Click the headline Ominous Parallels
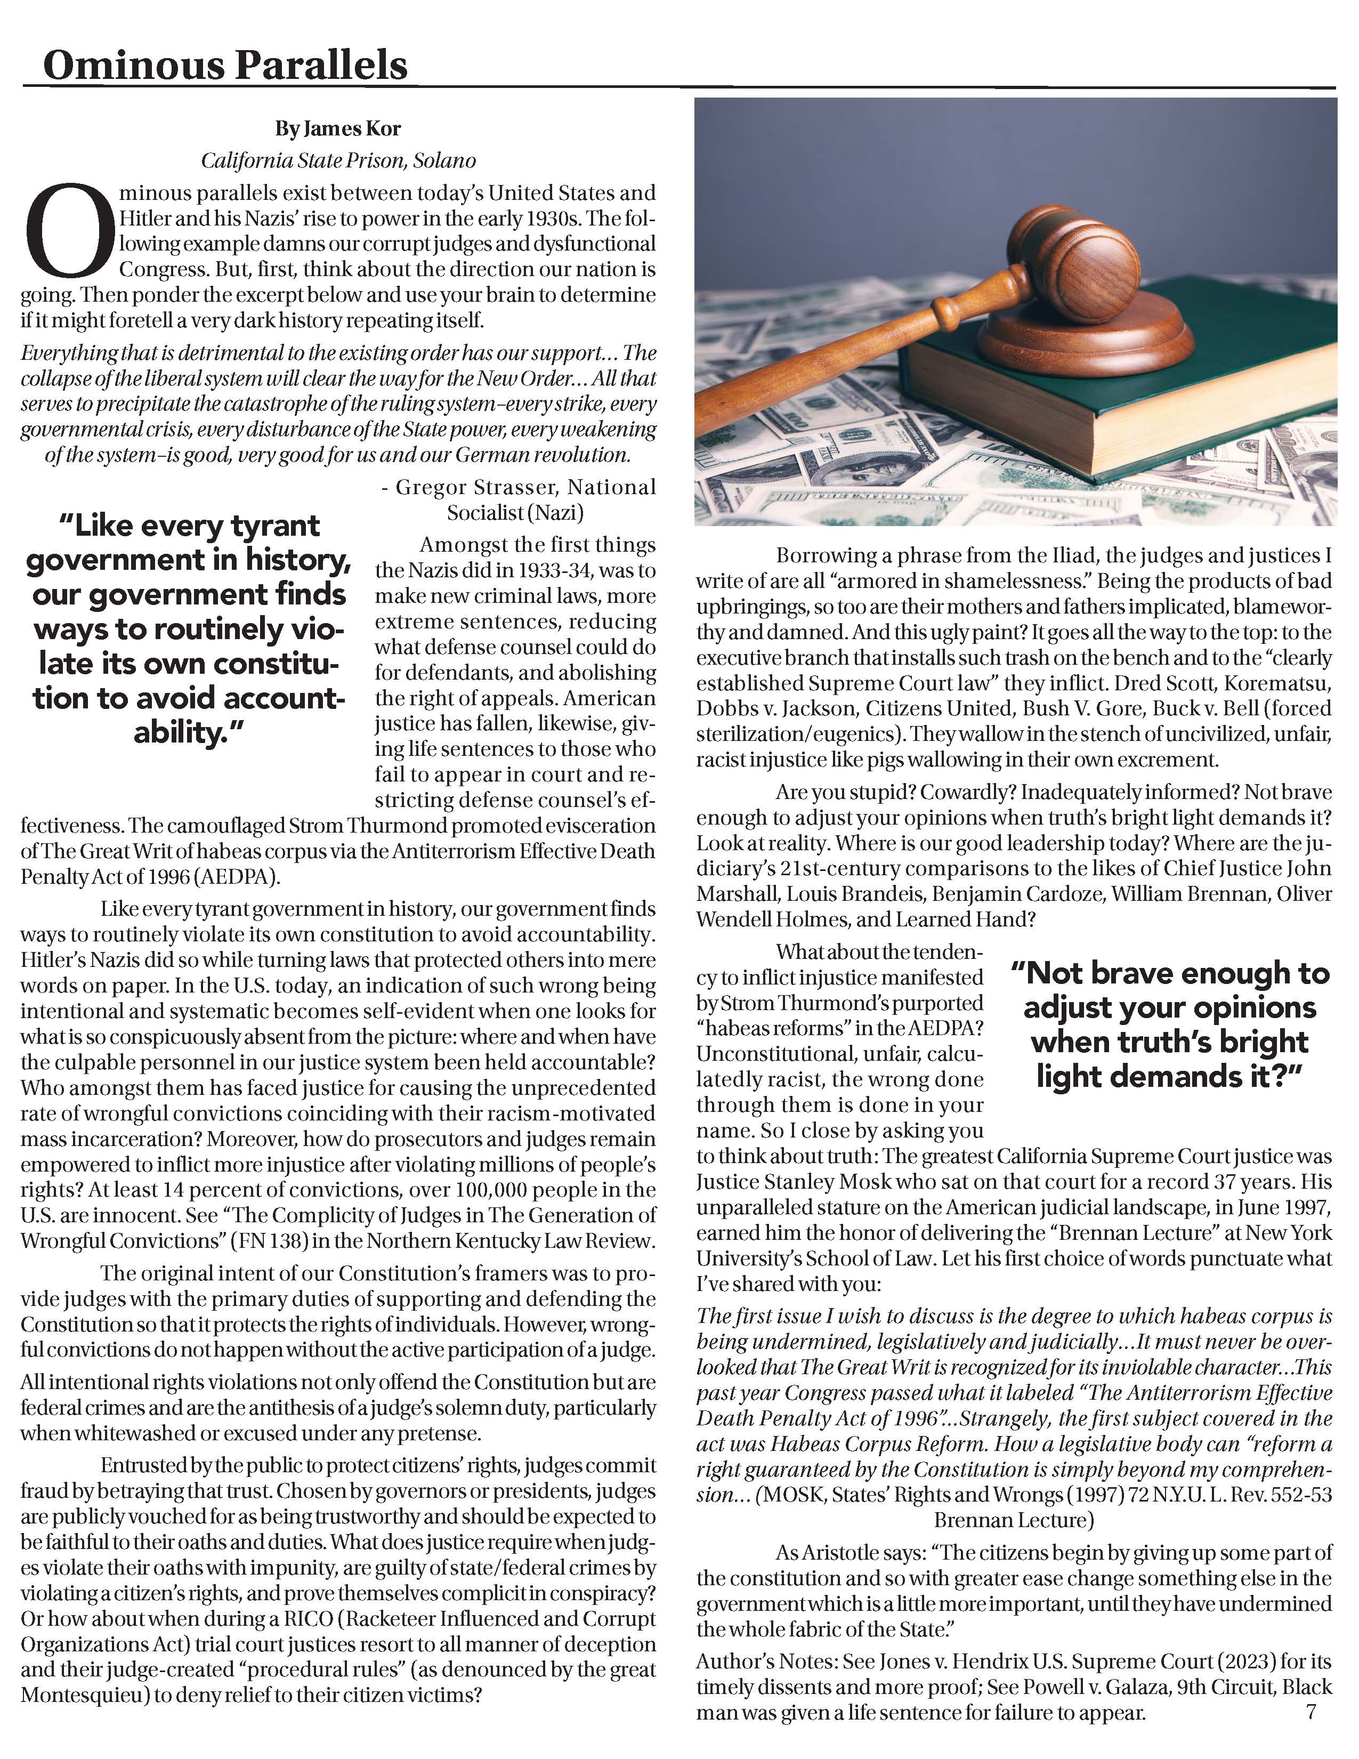coord(225,64)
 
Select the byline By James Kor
coord(337,129)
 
